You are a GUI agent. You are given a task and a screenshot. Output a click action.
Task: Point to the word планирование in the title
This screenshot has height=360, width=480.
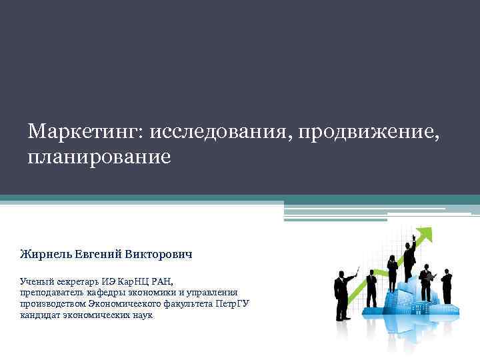[x=99, y=157]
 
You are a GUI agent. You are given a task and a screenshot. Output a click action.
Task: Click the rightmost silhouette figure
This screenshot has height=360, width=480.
[x=447, y=287]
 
